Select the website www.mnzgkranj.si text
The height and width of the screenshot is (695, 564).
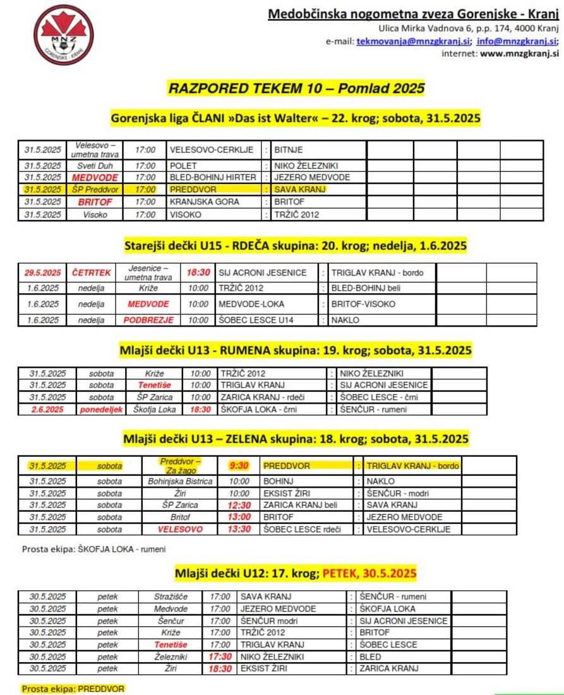(x=519, y=54)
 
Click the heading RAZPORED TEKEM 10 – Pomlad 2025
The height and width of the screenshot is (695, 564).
(x=296, y=88)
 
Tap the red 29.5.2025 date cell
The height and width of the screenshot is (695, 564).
(x=43, y=273)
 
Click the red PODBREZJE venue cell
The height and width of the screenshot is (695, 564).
(x=148, y=320)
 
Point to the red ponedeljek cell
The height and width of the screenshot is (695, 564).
(x=102, y=409)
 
